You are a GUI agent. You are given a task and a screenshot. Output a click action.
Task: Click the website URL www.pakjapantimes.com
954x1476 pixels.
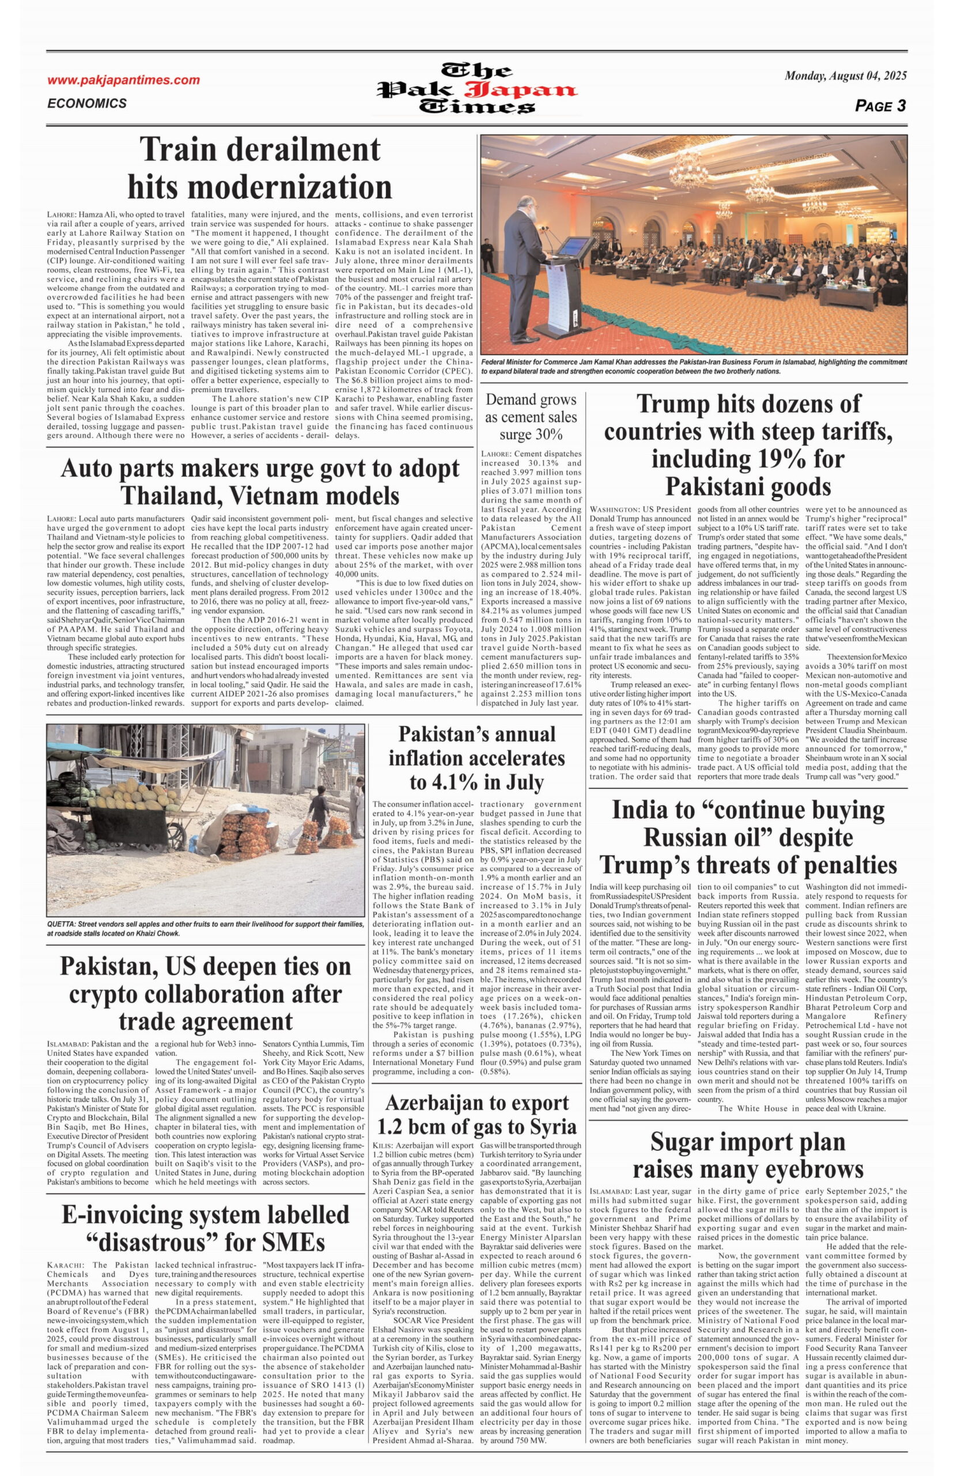coord(123,80)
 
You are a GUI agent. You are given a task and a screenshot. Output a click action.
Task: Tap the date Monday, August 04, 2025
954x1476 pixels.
coord(845,76)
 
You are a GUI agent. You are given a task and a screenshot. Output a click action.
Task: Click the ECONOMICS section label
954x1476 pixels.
coord(87,104)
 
